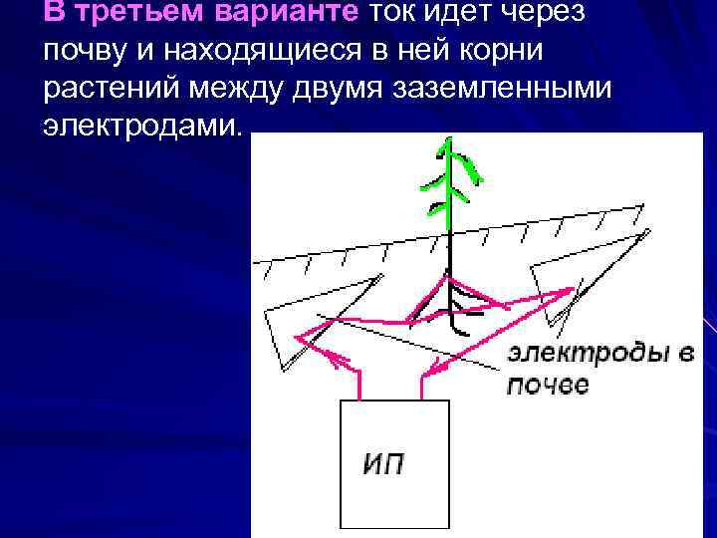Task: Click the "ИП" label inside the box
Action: point(382,463)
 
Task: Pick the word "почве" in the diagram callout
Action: point(547,385)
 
